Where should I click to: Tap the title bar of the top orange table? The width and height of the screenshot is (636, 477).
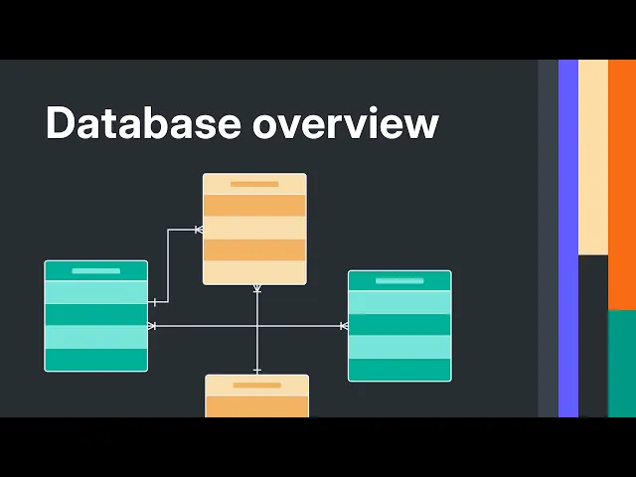[254, 184]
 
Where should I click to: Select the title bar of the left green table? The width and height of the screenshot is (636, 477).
[95, 270]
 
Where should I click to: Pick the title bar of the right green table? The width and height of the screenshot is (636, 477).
[399, 280]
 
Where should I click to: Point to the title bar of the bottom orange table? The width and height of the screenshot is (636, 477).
[256, 385]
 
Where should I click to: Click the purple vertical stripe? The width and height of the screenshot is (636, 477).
[567, 238]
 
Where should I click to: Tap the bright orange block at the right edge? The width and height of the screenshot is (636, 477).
[622, 184]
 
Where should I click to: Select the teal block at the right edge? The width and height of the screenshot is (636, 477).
[622, 363]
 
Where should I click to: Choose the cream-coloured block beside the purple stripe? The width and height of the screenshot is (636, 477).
[592, 157]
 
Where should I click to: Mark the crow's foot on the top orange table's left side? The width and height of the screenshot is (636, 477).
[198, 230]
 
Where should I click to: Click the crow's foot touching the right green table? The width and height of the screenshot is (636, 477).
[343, 326]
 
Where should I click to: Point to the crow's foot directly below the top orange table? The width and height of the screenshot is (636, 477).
[256, 289]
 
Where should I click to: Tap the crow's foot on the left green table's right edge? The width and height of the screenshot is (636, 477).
[152, 326]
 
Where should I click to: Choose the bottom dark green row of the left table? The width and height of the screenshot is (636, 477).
[95, 359]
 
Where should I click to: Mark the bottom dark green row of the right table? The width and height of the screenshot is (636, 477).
[399, 370]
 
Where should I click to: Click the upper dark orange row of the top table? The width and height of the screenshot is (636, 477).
[254, 206]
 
